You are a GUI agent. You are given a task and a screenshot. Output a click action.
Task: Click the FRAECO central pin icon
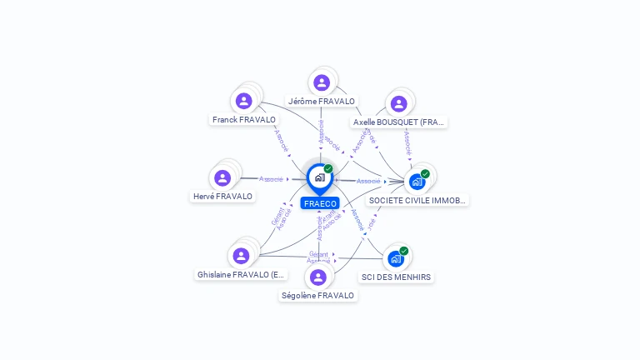point(319,177)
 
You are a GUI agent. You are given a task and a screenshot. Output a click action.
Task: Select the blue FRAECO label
point(320,203)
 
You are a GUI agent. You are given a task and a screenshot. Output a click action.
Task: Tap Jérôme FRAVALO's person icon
point(322,82)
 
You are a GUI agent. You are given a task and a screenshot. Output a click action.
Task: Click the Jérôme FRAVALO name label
point(322,102)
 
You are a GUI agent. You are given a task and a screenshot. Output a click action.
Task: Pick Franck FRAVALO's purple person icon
point(243,101)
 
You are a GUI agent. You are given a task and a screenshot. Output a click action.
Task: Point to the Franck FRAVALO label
point(243,120)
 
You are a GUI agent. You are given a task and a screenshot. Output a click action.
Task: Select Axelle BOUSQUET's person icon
point(398,103)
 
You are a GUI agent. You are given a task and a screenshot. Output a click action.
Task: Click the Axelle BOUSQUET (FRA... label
point(399,122)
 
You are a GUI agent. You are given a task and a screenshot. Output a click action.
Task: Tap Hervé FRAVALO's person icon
point(222,177)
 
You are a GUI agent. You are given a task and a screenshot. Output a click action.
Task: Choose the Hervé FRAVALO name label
point(222,197)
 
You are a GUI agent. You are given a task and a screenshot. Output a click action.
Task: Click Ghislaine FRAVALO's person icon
point(241,255)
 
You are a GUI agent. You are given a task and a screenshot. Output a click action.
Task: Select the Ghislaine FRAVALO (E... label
point(241,274)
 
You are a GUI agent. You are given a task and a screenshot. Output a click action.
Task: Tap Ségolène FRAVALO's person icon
point(317,277)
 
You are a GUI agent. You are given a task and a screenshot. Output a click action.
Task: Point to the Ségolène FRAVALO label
point(317,296)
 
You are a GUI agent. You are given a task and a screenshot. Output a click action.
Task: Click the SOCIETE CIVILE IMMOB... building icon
point(417,181)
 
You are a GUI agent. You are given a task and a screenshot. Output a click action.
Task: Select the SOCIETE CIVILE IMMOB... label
point(417,201)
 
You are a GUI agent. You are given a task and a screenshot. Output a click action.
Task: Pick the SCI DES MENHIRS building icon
point(396,257)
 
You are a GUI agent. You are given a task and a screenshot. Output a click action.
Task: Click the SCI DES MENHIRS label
point(397,277)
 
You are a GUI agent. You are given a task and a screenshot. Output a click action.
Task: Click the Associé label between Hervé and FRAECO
point(272,179)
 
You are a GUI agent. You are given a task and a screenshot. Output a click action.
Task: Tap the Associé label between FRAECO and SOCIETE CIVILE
point(368,181)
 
